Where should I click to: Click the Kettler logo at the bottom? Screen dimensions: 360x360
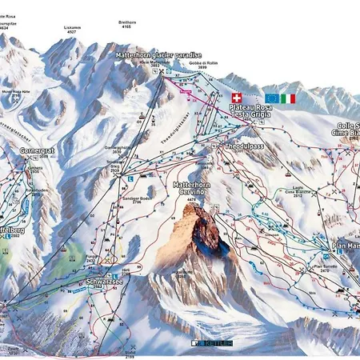point(210,343)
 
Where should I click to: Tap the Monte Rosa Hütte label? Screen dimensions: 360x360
point(18,91)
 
